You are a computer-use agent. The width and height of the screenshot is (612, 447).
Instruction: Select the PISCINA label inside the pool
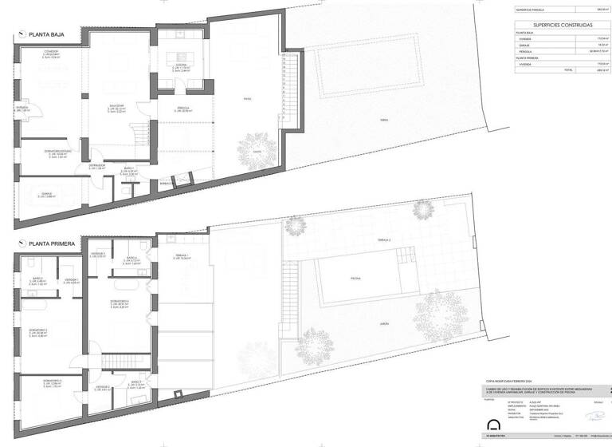pos(355,279)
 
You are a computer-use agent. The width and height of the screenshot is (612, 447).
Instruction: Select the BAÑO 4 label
pos(131,258)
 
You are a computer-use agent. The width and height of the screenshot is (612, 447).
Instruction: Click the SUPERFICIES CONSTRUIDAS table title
pos(557,26)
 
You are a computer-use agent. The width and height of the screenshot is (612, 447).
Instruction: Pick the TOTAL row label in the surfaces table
pos(568,70)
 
